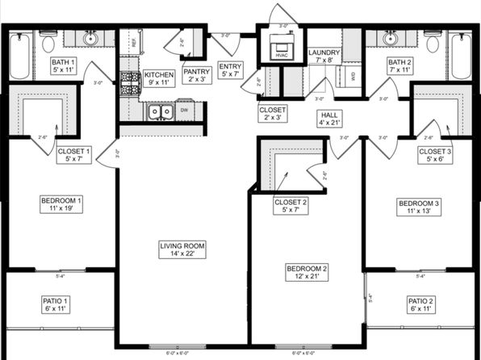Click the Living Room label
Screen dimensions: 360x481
(x=182, y=249)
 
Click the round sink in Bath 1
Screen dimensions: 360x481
(x=90, y=38)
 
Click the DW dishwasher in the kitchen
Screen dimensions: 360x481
(x=184, y=110)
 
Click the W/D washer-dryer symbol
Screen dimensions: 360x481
(x=353, y=76)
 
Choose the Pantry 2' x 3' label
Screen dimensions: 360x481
(x=196, y=75)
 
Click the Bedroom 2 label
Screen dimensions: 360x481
(x=307, y=272)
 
